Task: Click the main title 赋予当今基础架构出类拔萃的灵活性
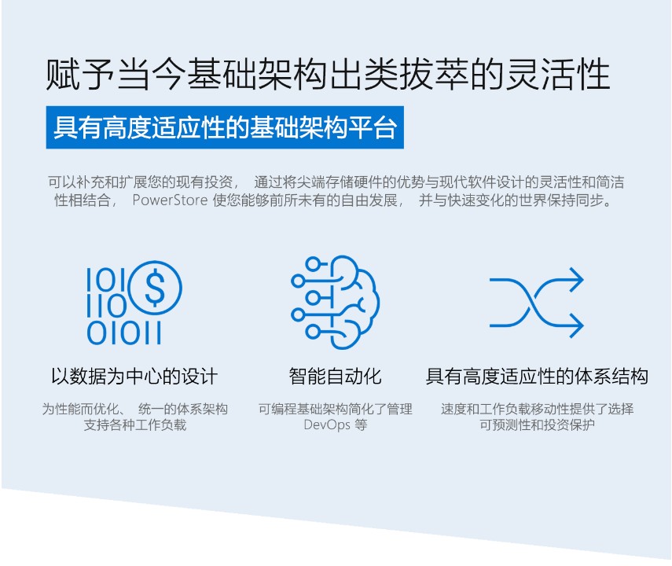coord(328,74)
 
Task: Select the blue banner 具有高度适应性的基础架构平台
coord(225,127)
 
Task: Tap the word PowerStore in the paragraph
coord(170,200)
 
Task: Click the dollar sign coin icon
coord(155,287)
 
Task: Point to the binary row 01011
coord(124,333)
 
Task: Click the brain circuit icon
coord(335,302)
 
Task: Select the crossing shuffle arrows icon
coord(537,303)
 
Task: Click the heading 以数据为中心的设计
coord(134,377)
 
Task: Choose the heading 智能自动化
coord(335,377)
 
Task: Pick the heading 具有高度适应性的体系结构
coord(537,377)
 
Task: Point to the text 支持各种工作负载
coord(135,425)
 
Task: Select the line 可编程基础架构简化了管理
coord(335,409)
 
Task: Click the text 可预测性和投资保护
coord(537,425)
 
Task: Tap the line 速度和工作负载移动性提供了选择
coord(537,409)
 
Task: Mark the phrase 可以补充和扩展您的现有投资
coord(140,182)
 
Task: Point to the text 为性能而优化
coord(79,409)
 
